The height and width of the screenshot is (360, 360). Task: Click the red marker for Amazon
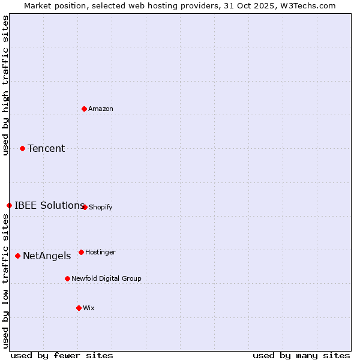pos(85,109)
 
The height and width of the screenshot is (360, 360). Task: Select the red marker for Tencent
pos(23,148)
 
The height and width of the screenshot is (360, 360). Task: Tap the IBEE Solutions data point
pos(9,205)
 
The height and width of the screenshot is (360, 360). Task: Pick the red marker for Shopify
pos(85,207)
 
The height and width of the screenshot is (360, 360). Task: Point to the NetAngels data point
pos(17,256)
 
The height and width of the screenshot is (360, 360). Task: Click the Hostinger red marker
pos(81,252)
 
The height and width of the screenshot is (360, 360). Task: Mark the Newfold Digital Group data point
pos(67,278)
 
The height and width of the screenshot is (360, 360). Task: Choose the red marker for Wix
pos(79,308)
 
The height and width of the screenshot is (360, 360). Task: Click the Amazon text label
pos(101,109)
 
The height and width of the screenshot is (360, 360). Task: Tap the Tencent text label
pos(46,148)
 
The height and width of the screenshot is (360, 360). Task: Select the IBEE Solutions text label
pos(49,205)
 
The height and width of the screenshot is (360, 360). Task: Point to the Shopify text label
pos(101,207)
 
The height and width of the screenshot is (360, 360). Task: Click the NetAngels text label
pos(47,256)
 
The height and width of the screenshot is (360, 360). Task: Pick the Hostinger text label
pos(100,252)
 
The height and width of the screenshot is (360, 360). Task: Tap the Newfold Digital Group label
pos(106,278)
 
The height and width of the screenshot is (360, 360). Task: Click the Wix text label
pos(89,308)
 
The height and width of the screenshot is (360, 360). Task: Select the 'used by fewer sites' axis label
pos(62,355)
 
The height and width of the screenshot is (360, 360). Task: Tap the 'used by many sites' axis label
pos(301,355)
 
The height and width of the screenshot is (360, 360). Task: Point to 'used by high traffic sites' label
pos(5,85)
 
